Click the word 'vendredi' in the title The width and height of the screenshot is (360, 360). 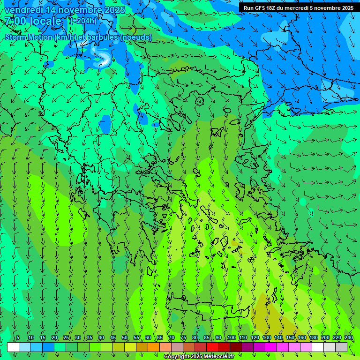coord(23,10)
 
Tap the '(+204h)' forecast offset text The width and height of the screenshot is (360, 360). coord(83,21)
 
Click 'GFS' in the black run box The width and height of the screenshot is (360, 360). coord(260,8)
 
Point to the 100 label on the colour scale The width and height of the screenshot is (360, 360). coord(231,337)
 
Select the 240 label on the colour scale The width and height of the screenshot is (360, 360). coord(349,337)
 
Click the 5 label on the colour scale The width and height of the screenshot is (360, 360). coord(18,337)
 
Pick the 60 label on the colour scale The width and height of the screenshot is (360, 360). coord(148,337)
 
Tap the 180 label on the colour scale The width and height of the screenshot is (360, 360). coord(314,337)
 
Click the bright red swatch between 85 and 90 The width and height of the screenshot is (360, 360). coord(212,347)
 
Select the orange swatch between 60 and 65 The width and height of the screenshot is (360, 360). coord(154,347)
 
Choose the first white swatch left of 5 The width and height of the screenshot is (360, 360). coord(13,347)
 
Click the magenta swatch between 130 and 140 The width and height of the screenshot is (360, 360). coord(271,347)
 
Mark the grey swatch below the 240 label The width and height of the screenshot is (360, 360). coord(341,347)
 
